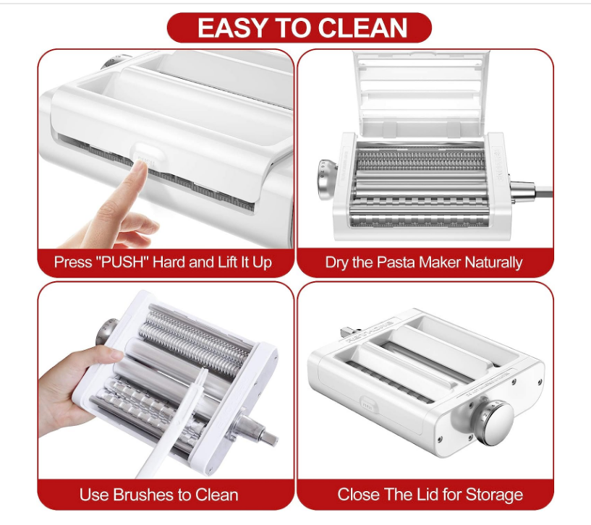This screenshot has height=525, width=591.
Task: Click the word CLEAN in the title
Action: click(362, 28)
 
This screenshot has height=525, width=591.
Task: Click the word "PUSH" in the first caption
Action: click(124, 262)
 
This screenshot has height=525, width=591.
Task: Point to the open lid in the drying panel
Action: click(422, 93)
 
